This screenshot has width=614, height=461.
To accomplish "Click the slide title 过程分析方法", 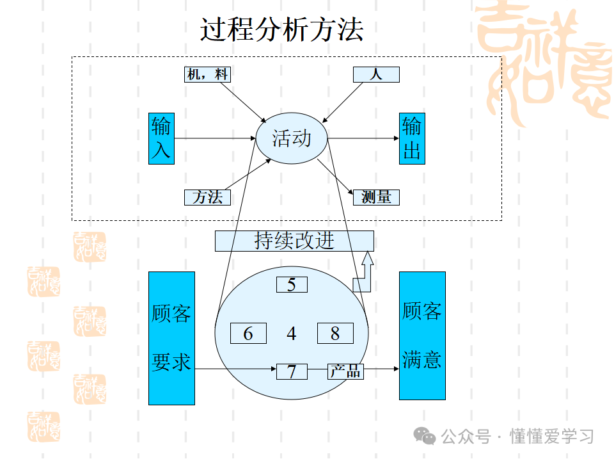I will coord(282,30).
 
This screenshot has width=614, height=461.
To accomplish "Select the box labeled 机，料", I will coord(207,74).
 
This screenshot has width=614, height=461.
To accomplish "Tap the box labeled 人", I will coord(376,74).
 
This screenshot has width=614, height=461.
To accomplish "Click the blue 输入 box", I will coord(161,138).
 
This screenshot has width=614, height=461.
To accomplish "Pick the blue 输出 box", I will coord(412,138).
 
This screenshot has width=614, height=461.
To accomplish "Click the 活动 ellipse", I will coord(292,138).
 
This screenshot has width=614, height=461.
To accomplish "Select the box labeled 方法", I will coord(207,197).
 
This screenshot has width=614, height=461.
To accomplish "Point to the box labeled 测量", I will coord(376,197).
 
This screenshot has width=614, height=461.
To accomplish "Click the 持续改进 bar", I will coord(294,241).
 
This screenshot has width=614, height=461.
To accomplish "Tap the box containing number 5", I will coord(292,284).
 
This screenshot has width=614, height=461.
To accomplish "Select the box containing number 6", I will coord(248,334).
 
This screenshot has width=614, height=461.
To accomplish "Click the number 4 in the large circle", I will coord(292,334).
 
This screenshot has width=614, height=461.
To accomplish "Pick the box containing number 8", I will coord(335,334).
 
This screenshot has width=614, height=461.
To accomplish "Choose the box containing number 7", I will coord(292,371).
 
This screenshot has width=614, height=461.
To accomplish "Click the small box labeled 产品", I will coord(345,371).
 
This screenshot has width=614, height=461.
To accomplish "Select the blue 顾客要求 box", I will coord(171,338).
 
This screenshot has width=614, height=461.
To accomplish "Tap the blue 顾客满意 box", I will coord(422,336).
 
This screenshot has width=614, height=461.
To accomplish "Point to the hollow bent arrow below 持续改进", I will coord(363,275).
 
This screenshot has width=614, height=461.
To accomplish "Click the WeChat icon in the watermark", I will coord(425,436).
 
